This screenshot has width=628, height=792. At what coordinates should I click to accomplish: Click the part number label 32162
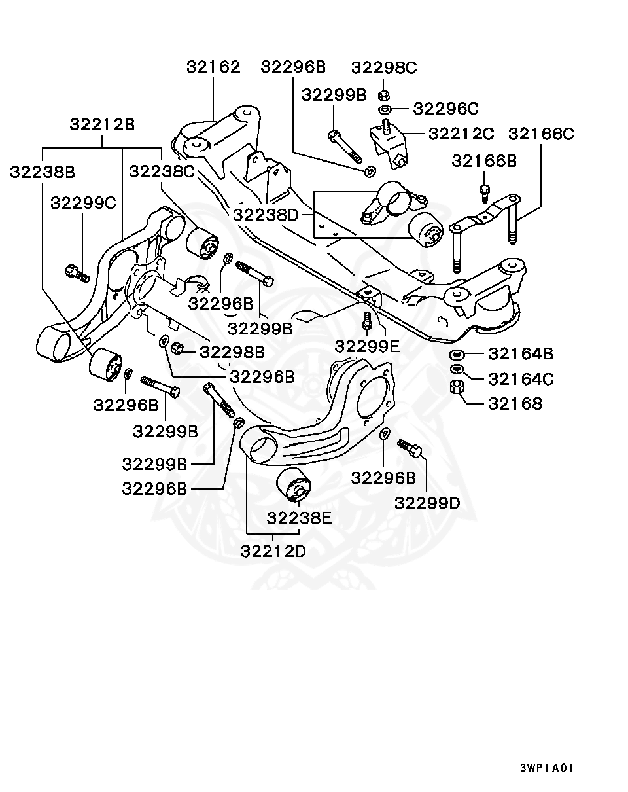[213, 67]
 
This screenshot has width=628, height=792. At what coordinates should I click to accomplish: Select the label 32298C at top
[384, 67]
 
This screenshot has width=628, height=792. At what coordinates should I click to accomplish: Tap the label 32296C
[446, 108]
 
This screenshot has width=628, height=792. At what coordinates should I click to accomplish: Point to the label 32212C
[461, 134]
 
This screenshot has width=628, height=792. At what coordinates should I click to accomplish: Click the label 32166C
[541, 134]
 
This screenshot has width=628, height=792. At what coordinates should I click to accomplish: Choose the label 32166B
[484, 160]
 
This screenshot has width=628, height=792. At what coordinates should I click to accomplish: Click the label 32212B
[102, 124]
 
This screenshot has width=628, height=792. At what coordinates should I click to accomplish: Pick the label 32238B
[43, 171]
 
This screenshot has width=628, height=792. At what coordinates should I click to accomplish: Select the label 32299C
[83, 202]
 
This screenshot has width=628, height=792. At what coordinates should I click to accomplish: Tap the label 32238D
[266, 213]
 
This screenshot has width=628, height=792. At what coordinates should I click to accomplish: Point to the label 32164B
[521, 354]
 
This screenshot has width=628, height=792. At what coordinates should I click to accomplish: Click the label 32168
[515, 403]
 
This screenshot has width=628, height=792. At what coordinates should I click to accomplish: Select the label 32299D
[427, 503]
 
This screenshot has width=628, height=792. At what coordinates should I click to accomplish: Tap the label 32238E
[299, 518]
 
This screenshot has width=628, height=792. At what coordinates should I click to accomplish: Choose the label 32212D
[273, 550]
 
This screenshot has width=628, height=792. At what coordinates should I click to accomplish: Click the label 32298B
[232, 352]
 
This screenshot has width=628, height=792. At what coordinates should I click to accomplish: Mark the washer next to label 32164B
[457, 355]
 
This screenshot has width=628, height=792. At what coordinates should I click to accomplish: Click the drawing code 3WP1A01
[547, 768]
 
